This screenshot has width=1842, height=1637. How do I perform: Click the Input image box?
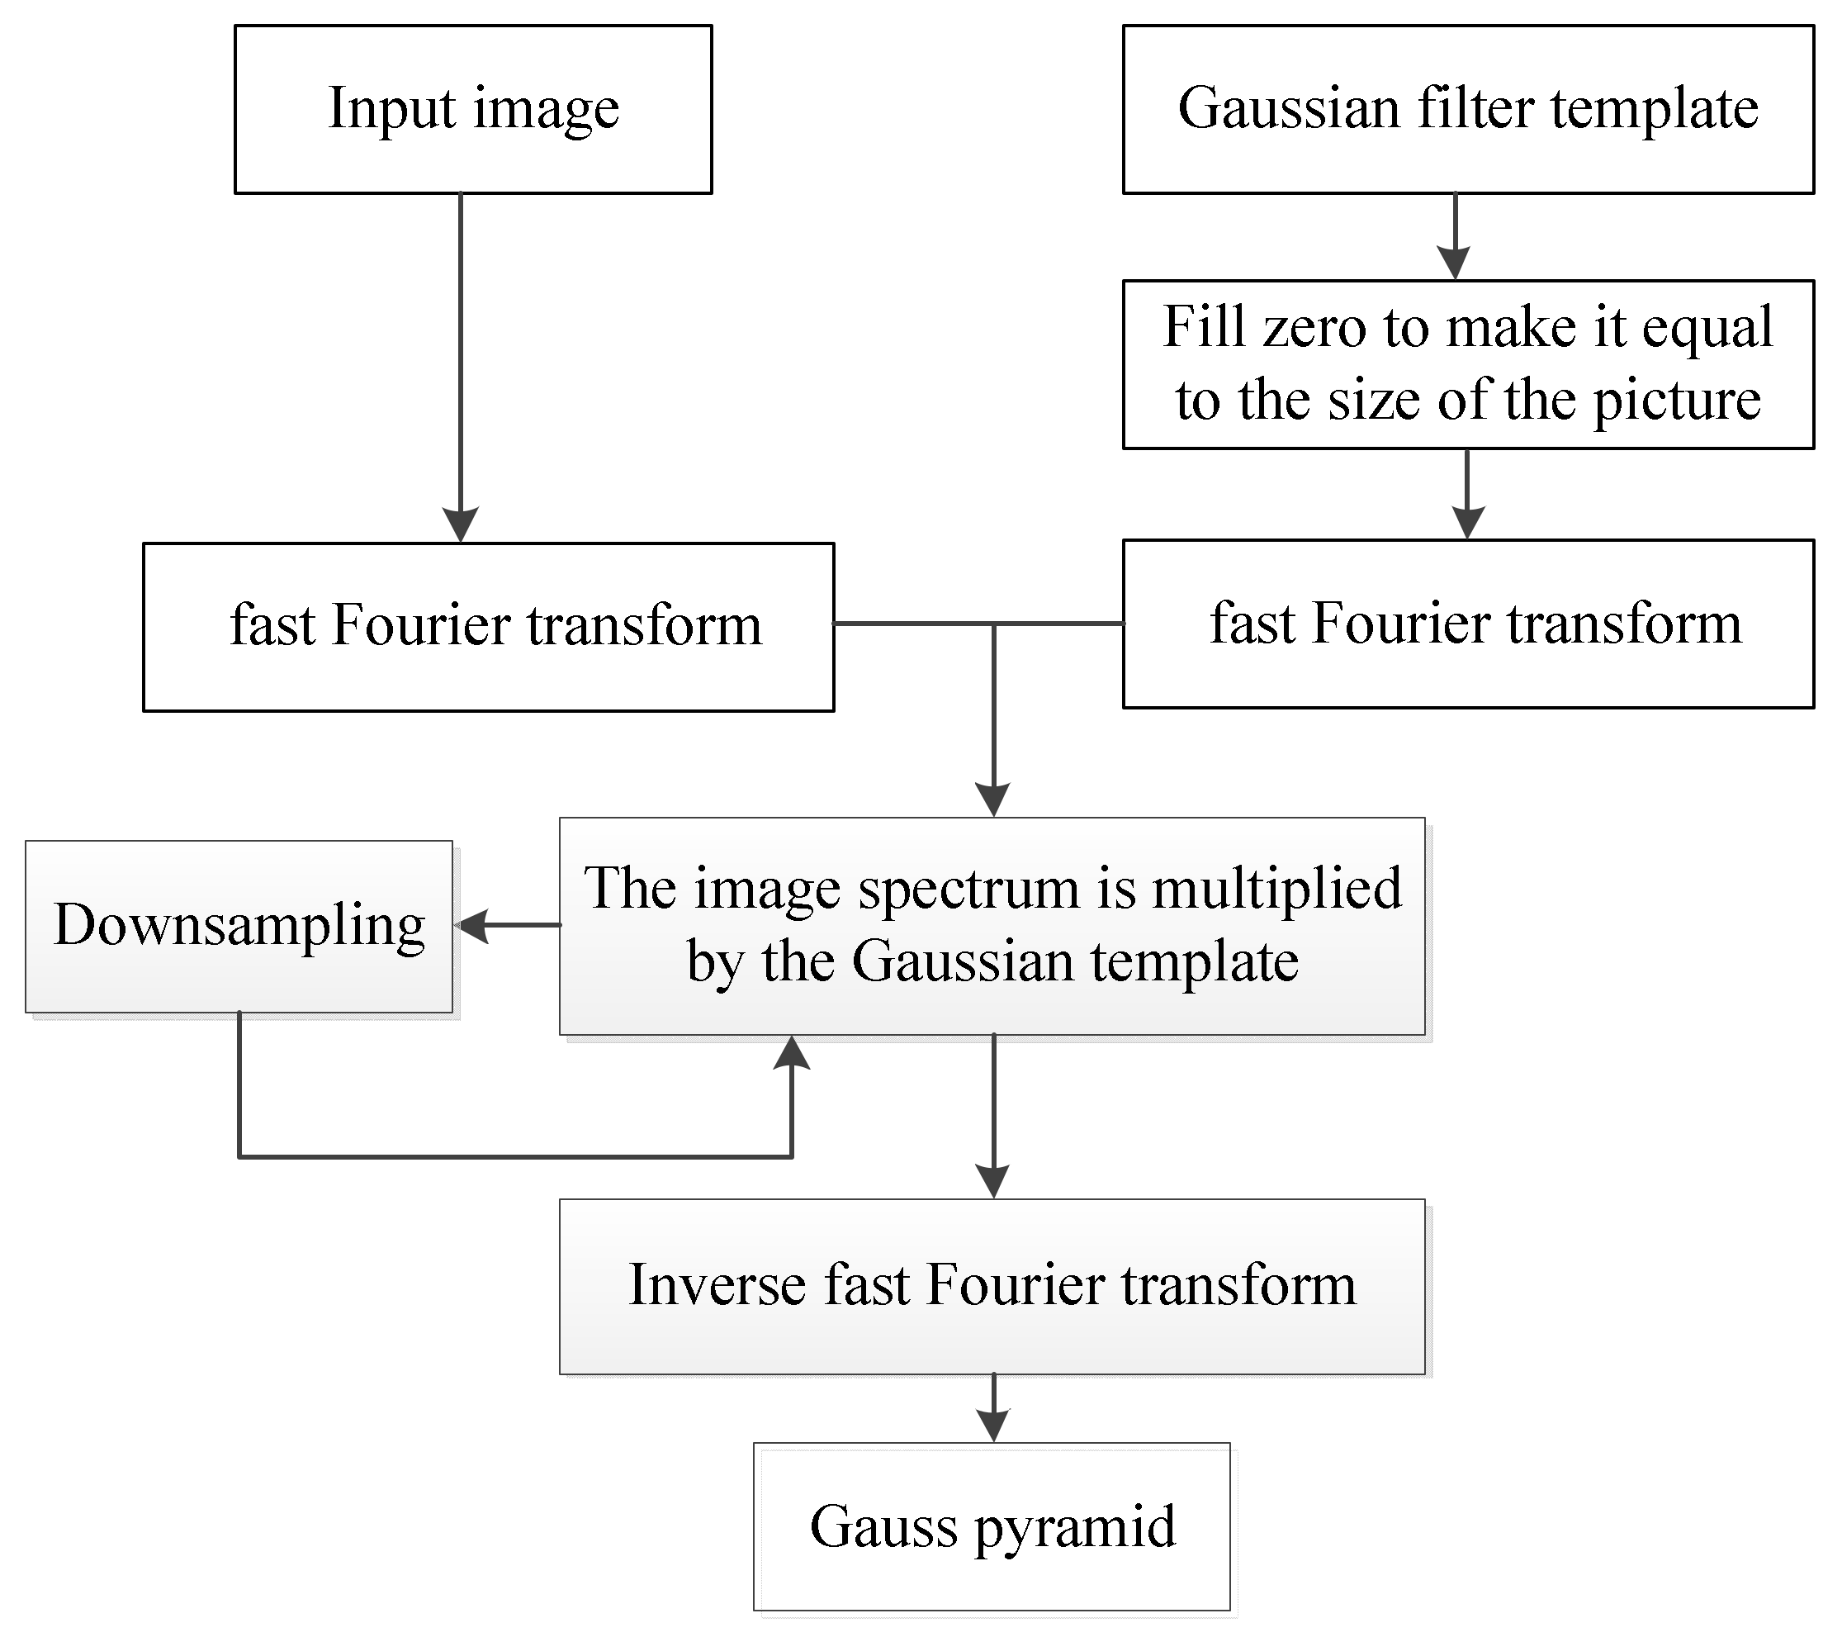pos(473,109)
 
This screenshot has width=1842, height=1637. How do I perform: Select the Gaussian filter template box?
pos(1467,109)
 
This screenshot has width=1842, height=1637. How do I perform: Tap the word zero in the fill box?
pos(1318,327)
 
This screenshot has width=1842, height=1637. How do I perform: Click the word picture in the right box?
pos(1676,401)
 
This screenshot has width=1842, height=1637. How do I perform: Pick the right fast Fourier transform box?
pos(1467,624)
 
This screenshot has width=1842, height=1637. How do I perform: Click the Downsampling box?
pos(239,927)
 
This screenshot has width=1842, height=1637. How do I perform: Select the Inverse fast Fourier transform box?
pos(992,1286)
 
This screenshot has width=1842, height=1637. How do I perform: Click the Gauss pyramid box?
pos(992,1527)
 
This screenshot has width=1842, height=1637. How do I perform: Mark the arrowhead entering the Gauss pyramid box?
pos(993,1426)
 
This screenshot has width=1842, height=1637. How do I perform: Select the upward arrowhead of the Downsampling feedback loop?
pos(791,1053)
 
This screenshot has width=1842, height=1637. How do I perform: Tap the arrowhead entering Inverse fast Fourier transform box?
pos(993,1182)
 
